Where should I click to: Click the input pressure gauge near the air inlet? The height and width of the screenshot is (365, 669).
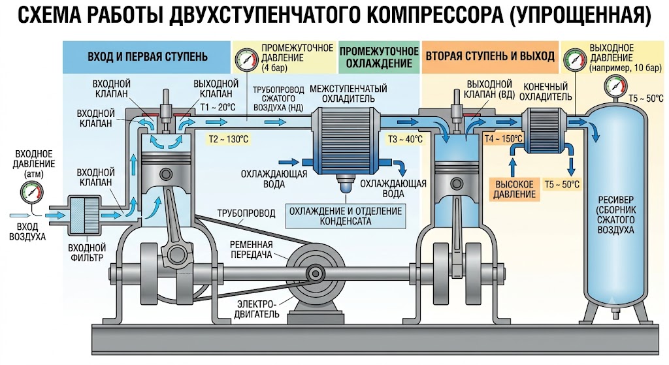pos(32,193)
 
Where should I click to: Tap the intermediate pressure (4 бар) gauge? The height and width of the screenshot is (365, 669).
pos(246,59)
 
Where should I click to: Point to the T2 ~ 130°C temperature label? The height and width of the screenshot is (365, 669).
pos(228,139)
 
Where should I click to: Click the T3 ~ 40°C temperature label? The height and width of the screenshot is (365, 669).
pos(405,139)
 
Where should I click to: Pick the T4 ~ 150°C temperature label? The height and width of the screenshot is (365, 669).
pos(503,138)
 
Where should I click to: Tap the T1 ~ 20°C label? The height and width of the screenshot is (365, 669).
pos(218,107)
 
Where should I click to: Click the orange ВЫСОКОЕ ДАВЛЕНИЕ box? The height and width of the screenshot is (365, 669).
pos(514,189)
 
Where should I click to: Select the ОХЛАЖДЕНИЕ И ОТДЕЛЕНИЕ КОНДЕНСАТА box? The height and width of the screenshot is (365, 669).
pos(346,216)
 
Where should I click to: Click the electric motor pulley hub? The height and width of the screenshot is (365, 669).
pos(316,273)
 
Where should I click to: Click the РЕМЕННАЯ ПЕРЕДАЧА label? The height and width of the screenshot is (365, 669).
pos(252,250)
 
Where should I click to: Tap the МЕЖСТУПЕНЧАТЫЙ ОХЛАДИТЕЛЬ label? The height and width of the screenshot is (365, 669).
pos(348,94)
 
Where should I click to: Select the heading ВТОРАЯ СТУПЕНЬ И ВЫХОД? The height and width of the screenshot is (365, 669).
pos(490,56)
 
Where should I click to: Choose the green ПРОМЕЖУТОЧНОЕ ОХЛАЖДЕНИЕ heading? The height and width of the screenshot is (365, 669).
pos(380,57)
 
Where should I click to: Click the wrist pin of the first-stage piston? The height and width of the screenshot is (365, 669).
pos(166,174)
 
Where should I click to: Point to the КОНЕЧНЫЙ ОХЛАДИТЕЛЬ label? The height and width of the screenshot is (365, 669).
pos(546,91)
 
